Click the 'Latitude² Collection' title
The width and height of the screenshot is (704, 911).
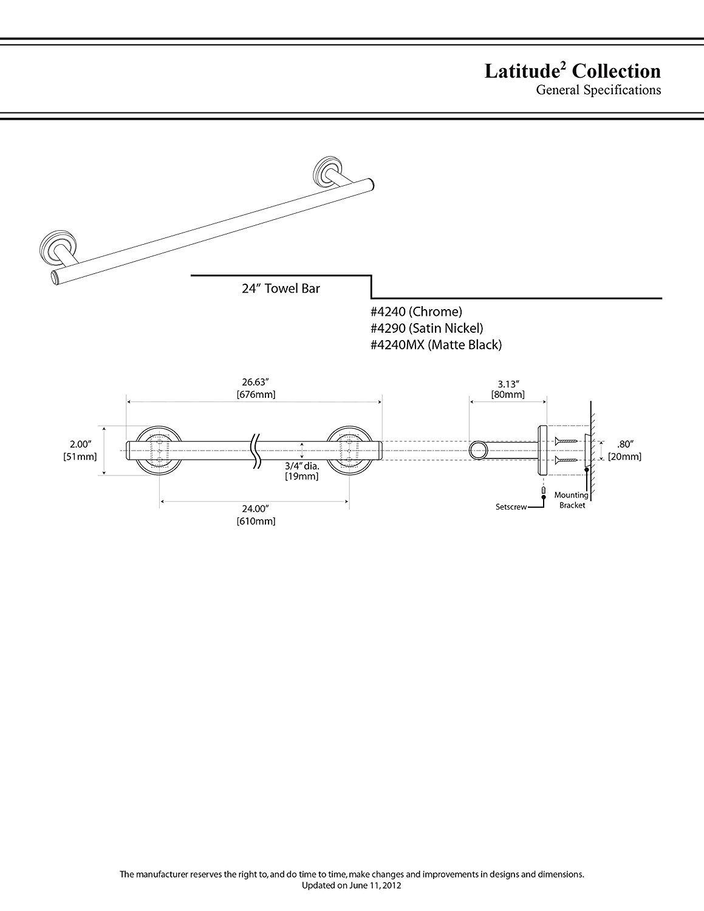point(572,71)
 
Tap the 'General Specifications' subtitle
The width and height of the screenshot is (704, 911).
point(598,90)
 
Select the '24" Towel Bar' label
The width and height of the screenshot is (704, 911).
point(281,288)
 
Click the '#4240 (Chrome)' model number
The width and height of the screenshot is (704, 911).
point(416,312)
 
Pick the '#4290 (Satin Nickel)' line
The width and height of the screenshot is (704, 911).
point(426,328)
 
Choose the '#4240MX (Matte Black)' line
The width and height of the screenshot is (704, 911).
point(436,345)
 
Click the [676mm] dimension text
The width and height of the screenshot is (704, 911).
point(256,394)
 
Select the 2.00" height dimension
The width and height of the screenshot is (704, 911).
point(80,444)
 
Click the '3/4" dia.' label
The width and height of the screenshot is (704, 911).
point(302,465)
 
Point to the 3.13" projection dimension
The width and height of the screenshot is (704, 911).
point(508,383)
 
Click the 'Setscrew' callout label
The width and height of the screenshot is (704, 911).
point(511,506)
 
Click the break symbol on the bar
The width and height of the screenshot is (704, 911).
point(256,451)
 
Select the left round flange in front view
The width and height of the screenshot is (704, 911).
point(159,451)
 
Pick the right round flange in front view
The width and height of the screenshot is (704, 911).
point(349,451)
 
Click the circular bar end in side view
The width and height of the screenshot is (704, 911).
point(478,451)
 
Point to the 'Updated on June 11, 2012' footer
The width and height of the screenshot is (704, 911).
point(352,902)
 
